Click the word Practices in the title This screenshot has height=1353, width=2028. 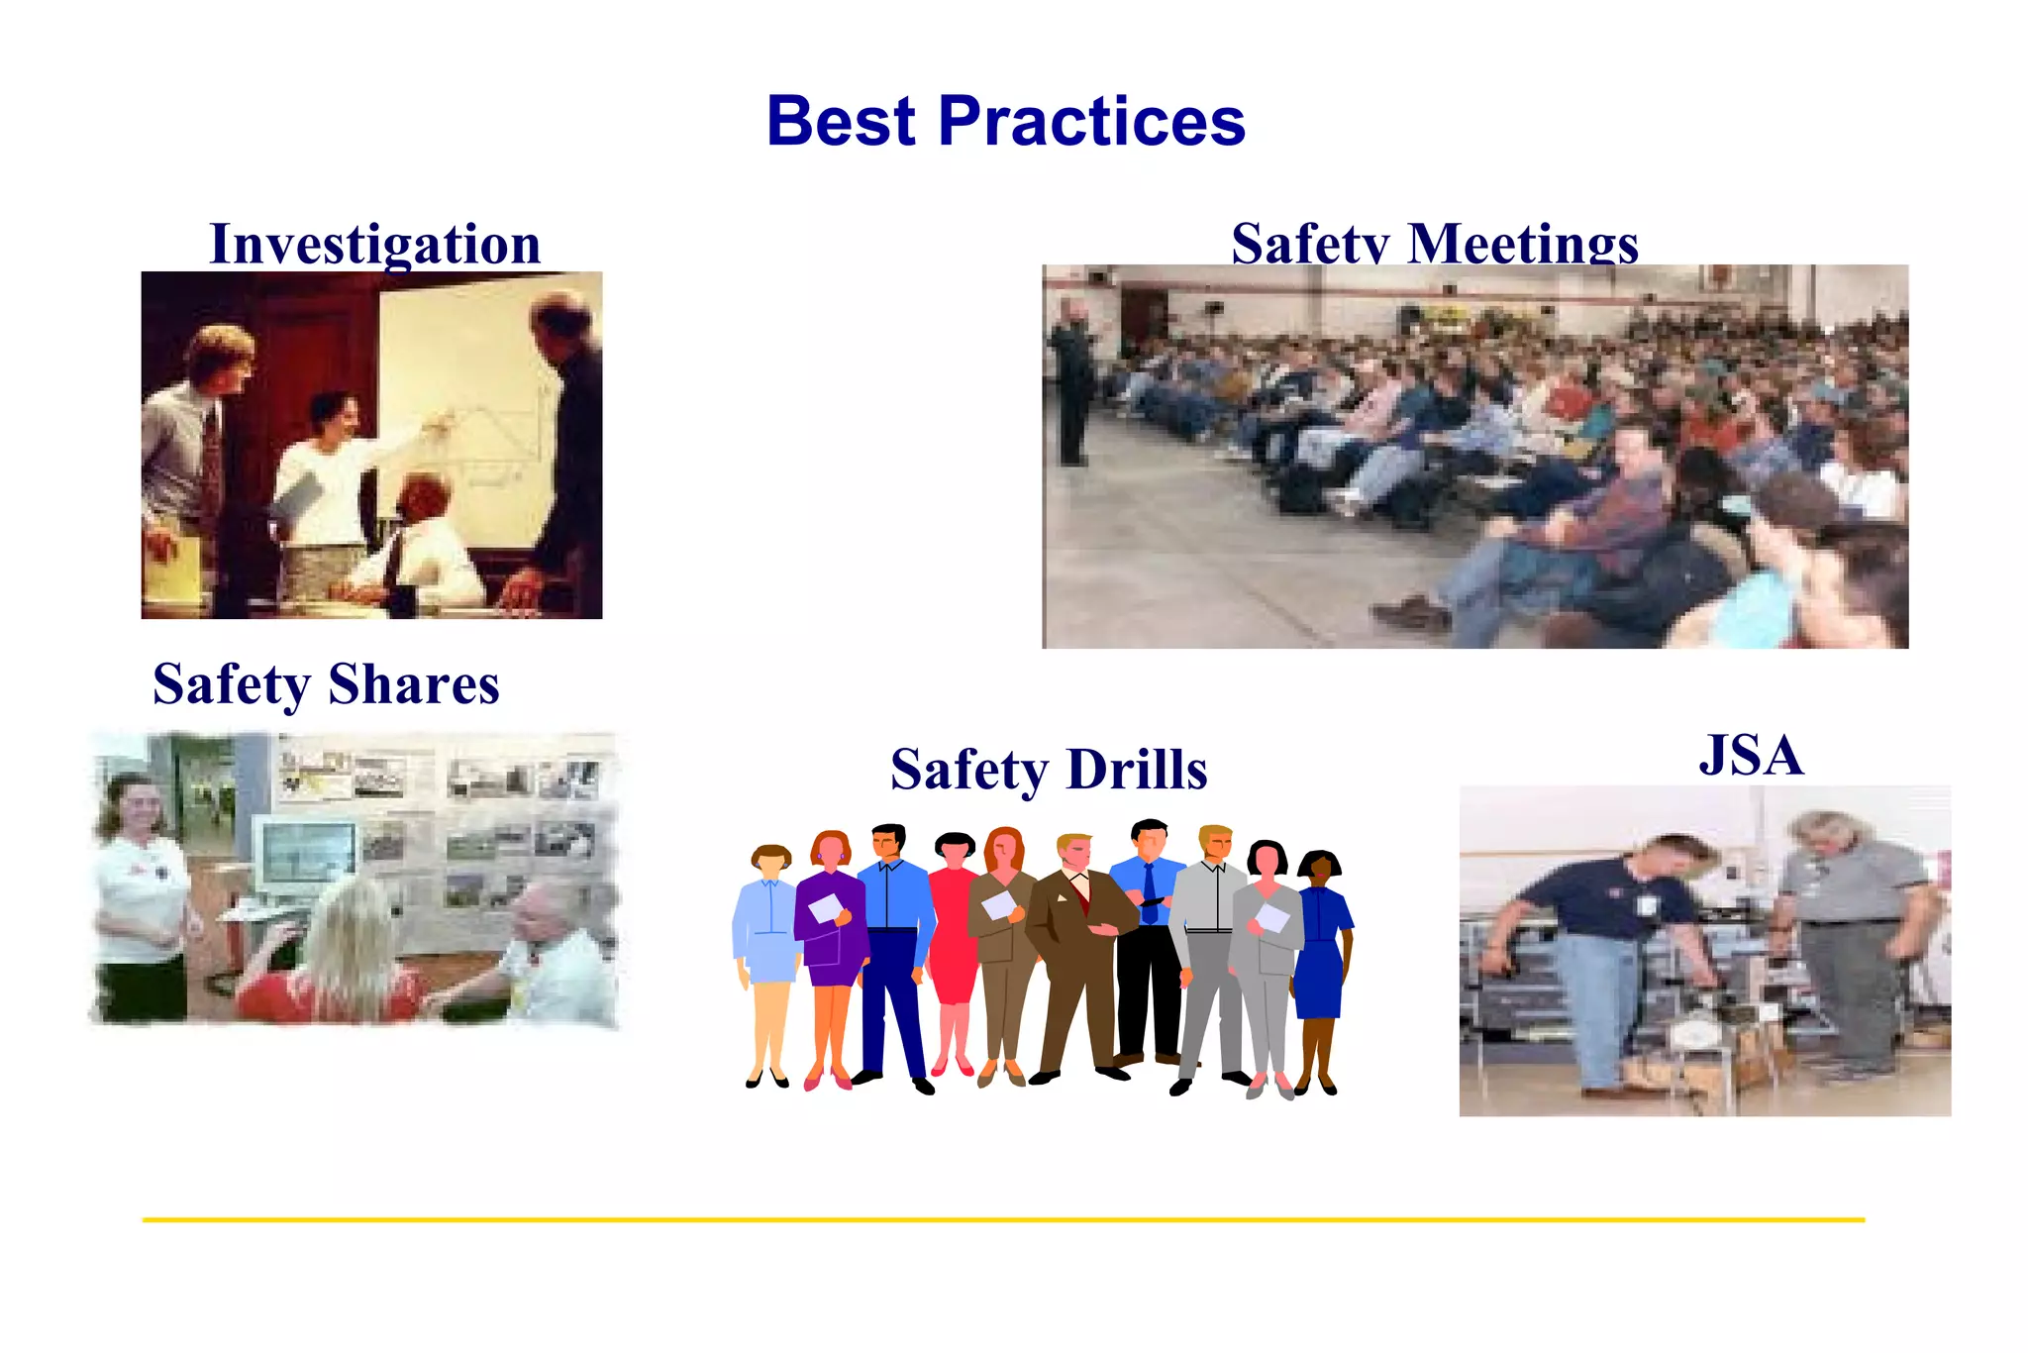point(1091,121)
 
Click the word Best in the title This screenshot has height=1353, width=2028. point(842,121)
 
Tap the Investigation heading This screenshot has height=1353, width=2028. point(375,244)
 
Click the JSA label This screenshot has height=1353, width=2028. point(1751,755)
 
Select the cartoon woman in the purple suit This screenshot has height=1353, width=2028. point(830,931)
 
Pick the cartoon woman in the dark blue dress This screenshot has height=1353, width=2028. point(1320,951)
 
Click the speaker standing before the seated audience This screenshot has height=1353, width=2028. point(1071,386)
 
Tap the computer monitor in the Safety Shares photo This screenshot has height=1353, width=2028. point(304,854)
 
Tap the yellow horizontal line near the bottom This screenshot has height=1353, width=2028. point(1002,1219)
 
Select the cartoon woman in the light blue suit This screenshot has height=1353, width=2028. point(767,941)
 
